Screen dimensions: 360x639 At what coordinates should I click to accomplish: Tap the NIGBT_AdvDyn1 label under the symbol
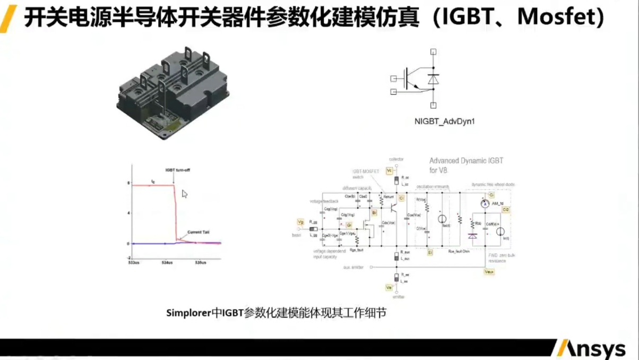click(444, 122)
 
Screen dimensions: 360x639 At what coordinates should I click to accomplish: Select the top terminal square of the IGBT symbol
click(434, 52)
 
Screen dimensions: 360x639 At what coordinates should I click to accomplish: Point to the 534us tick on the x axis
click(167, 262)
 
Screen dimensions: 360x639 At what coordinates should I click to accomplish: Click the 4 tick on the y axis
click(128, 213)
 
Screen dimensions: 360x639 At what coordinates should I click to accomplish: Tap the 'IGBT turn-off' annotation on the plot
click(178, 170)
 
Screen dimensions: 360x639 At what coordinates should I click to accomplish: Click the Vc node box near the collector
click(390, 170)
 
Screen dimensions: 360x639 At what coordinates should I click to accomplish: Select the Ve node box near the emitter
click(389, 288)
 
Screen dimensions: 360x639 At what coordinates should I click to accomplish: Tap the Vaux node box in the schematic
click(489, 271)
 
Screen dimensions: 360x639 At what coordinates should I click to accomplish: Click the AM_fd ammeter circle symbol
click(484, 204)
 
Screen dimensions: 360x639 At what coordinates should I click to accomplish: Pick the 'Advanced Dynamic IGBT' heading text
click(466, 160)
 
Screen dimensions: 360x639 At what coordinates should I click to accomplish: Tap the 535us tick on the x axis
click(200, 262)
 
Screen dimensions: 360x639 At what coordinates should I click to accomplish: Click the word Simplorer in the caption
click(189, 313)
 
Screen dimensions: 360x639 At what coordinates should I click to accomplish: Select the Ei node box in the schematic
click(430, 252)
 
